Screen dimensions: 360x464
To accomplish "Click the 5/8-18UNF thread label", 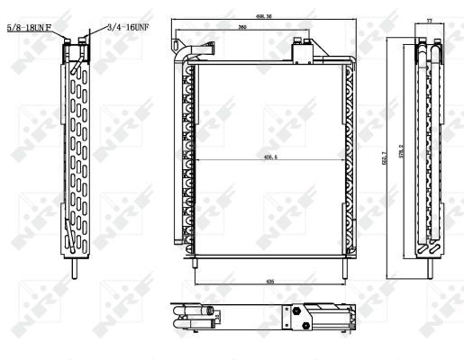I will click(33, 28).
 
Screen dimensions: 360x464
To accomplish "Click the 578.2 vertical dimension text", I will click(401, 150).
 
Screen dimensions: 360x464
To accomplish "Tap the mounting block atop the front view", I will click(301, 55).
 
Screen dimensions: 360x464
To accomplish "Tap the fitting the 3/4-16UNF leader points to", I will click(84, 41).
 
